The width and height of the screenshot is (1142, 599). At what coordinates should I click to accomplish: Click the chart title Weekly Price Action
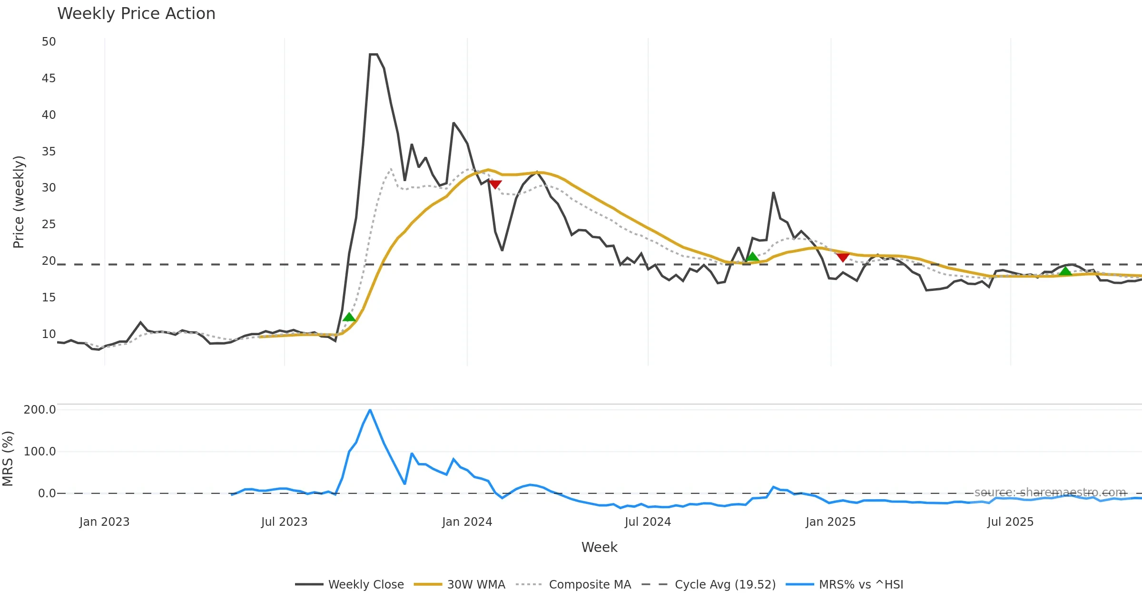136,14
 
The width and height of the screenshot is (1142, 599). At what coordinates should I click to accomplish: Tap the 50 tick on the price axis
49,42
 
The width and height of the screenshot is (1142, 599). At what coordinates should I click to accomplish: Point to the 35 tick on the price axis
49,152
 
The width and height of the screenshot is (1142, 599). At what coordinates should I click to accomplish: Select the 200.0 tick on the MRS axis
39,410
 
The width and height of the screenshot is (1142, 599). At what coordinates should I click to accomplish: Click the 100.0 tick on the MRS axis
39,452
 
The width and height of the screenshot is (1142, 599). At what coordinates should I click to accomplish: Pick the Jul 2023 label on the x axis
284,522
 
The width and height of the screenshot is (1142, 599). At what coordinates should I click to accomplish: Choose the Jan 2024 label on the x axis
467,522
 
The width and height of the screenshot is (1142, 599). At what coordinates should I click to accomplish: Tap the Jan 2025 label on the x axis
830,522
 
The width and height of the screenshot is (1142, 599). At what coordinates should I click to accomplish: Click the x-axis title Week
599,548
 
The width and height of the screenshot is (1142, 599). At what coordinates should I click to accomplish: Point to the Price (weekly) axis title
19,202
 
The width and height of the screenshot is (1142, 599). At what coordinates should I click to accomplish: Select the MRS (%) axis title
8,459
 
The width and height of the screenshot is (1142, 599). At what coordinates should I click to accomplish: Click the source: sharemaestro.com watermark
1050,493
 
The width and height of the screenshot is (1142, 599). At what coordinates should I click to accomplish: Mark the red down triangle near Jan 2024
495,184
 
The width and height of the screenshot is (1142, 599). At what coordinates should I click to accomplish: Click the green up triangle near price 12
349,317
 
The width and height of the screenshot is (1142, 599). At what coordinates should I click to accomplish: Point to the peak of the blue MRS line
370,410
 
